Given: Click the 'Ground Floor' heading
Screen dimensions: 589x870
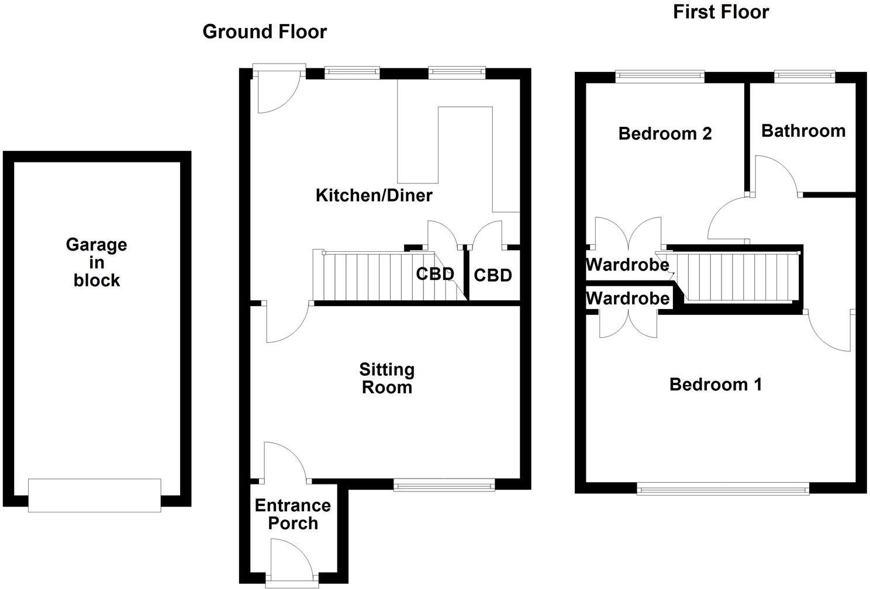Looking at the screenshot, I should tap(264, 32).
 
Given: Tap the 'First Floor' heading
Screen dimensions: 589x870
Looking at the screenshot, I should tap(720, 12).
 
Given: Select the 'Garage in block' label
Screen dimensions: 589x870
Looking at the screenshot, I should tap(96, 262).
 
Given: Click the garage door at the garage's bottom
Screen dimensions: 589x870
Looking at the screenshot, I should tap(94, 495).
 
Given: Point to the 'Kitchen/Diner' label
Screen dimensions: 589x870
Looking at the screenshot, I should tap(374, 195).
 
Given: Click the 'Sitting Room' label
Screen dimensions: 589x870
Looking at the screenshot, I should tap(386, 378).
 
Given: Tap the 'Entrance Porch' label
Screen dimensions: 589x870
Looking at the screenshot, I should tap(292, 514).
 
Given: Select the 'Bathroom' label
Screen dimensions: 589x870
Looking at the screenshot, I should tap(803, 130).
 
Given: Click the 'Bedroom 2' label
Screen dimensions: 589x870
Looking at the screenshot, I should tap(665, 134).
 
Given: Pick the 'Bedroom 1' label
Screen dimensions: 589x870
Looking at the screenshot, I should tap(715, 384).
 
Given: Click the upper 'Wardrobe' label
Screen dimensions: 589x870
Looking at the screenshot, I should tap(627, 265).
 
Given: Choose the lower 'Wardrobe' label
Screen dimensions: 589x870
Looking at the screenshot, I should tap(627, 299).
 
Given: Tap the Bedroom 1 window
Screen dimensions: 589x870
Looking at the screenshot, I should tap(723, 488).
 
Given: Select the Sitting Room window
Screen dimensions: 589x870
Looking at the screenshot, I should tap(444, 484).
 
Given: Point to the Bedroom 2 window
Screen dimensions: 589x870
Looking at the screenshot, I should tap(660, 75).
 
